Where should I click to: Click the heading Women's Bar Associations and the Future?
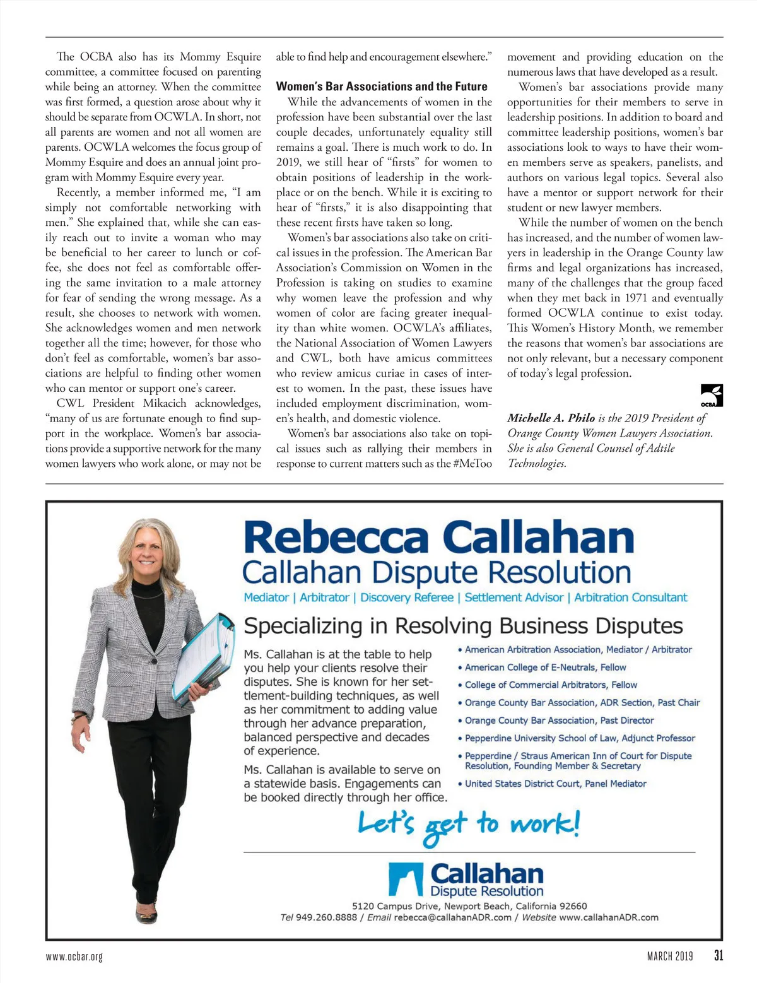pyautogui.click(x=382, y=86)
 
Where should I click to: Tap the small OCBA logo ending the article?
pyautogui.click(x=712, y=396)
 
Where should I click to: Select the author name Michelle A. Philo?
pyautogui.click(x=551, y=418)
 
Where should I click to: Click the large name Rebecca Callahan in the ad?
pyautogui.click(x=438, y=538)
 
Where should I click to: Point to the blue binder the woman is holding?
pyautogui.click(x=201, y=656)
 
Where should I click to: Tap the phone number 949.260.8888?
pyautogui.click(x=326, y=917)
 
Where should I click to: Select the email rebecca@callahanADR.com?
pyautogui.click(x=452, y=917)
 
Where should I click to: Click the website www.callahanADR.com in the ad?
pyautogui.click(x=608, y=917)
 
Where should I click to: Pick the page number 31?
pyautogui.click(x=719, y=955)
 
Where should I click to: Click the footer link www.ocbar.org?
pyautogui.click(x=74, y=957)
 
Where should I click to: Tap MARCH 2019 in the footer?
pyautogui.click(x=669, y=957)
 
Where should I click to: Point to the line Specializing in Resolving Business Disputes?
pyautogui.click(x=463, y=626)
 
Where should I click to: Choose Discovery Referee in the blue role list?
pyautogui.click(x=407, y=597)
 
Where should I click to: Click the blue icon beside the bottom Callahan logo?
pyautogui.click(x=405, y=880)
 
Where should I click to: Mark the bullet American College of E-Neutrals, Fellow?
pyautogui.click(x=545, y=667)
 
